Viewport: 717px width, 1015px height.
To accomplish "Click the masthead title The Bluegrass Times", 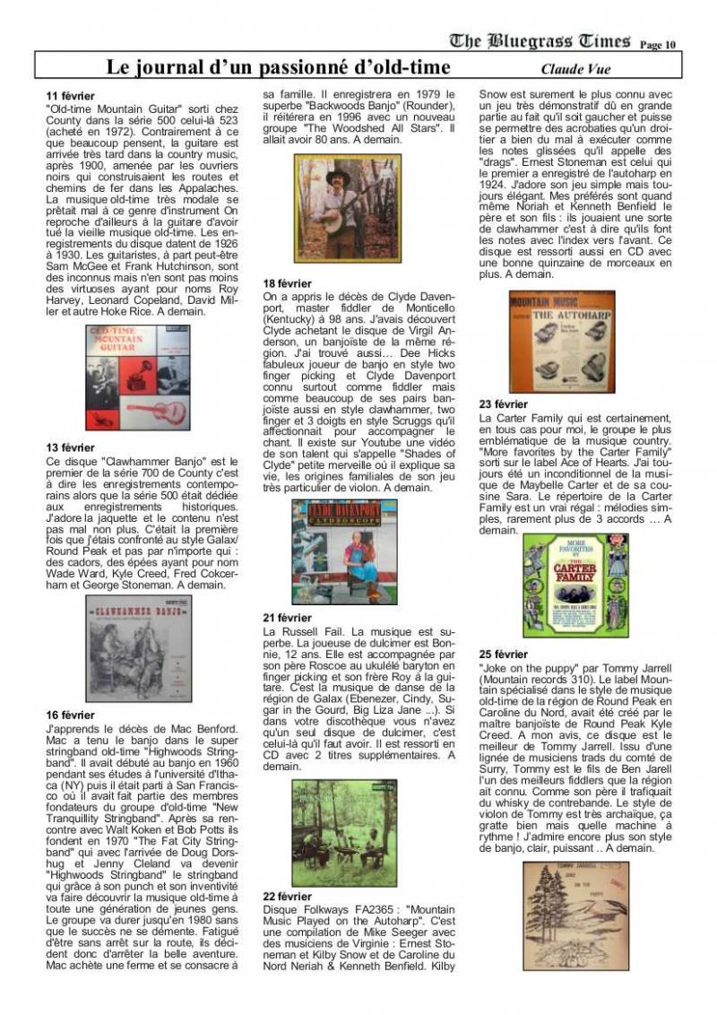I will (540, 40).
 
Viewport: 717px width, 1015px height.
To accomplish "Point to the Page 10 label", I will (659, 44).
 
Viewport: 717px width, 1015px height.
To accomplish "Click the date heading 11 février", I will (70, 96).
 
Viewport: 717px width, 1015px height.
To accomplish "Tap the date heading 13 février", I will (70, 447).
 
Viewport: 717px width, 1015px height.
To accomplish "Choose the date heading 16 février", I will (70, 715).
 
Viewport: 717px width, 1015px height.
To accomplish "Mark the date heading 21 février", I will (288, 618).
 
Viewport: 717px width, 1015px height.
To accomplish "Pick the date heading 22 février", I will (288, 896).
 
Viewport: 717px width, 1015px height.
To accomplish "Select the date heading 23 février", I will (504, 404).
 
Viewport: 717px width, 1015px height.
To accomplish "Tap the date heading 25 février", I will (504, 655).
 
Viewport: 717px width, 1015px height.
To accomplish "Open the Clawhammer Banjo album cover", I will (139, 647).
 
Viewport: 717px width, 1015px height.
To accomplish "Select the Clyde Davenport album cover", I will (344, 551).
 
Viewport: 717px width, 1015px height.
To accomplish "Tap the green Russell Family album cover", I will (343, 832).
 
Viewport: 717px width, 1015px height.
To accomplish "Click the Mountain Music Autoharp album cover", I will (561, 343).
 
